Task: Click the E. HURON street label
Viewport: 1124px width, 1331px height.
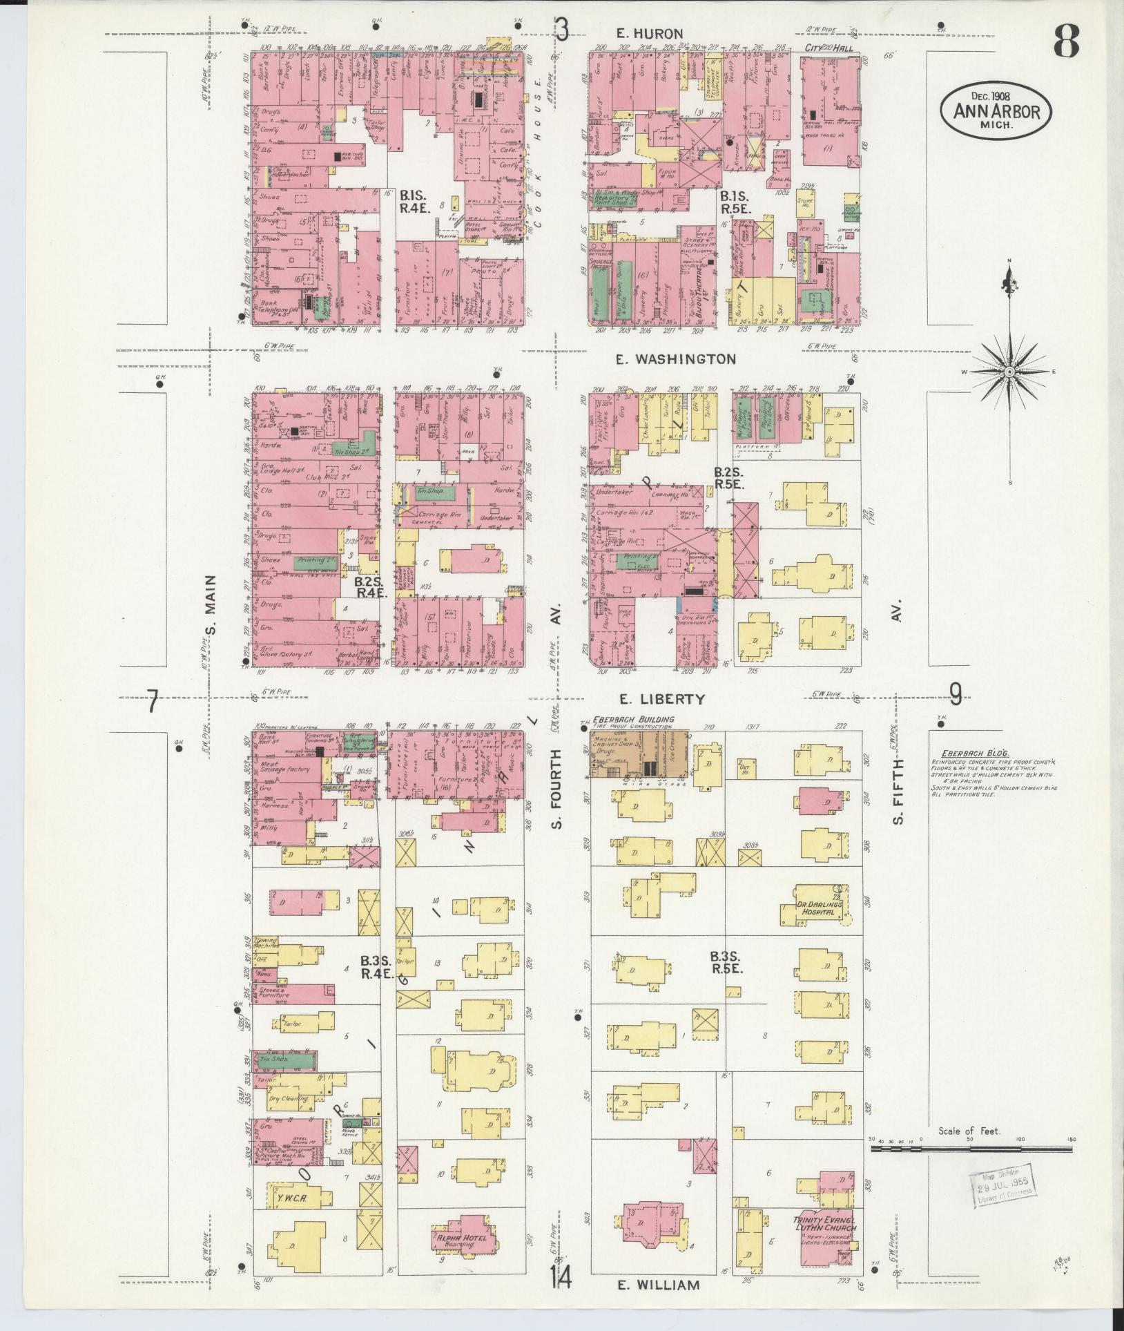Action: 649,33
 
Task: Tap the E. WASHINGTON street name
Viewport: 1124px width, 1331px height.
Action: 676,359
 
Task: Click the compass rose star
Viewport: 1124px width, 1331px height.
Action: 1009,372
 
